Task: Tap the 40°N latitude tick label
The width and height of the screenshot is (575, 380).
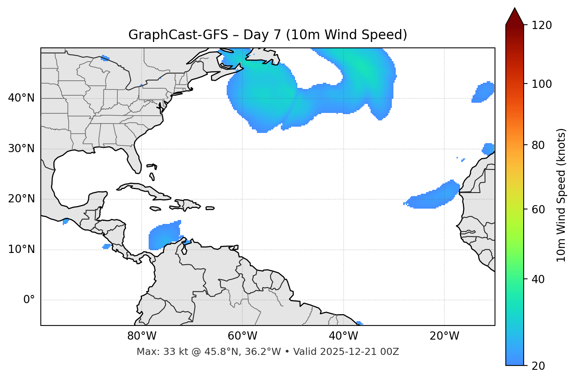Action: click(21, 98)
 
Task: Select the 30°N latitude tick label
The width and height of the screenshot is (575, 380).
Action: click(21, 149)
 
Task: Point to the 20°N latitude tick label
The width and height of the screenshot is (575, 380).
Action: click(21, 199)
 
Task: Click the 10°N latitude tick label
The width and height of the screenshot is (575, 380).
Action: click(21, 249)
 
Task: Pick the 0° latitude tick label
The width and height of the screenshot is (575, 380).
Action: click(29, 300)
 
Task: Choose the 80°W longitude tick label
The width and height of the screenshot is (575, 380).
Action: click(142, 336)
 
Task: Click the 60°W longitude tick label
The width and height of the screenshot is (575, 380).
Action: click(242, 336)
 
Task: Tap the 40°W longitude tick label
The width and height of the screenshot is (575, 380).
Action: click(343, 336)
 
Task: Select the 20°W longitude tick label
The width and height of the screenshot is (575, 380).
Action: click(444, 336)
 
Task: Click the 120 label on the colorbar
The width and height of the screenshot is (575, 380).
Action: click(541, 25)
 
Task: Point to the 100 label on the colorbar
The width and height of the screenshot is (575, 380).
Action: click(541, 84)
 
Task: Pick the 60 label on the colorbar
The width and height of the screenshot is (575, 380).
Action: click(539, 209)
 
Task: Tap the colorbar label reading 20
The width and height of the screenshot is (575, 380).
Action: click(539, 365)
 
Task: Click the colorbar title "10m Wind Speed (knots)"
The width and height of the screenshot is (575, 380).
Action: click(561, 195)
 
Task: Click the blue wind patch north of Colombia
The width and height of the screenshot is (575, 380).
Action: click(164, 236)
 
